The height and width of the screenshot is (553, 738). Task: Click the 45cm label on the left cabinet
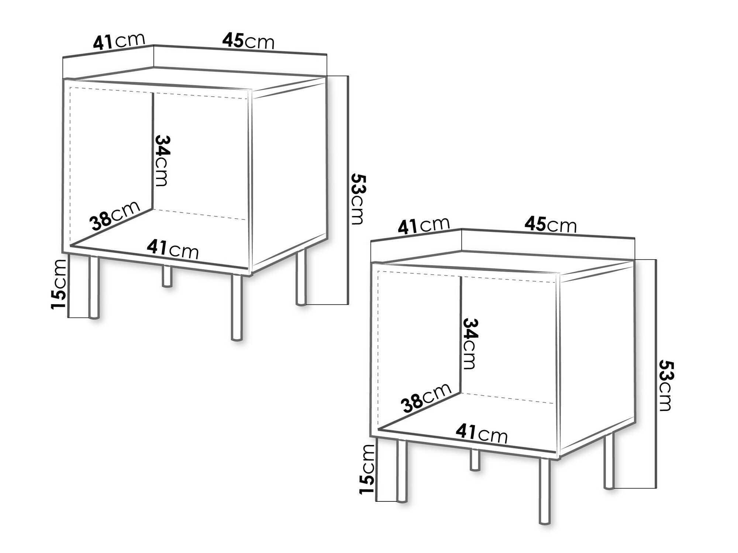[x=248, y=42]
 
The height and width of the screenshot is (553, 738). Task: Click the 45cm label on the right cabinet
[x=551, y=225]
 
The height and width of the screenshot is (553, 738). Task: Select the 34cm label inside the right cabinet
[x=469, y=344]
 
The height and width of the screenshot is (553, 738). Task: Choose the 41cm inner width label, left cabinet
[x=173, y=249]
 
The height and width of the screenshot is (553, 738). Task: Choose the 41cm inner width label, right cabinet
[x=482, y=433]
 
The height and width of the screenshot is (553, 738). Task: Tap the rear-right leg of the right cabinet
[x=609, y=460]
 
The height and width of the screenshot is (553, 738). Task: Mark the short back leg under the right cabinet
[x=475, y=460]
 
